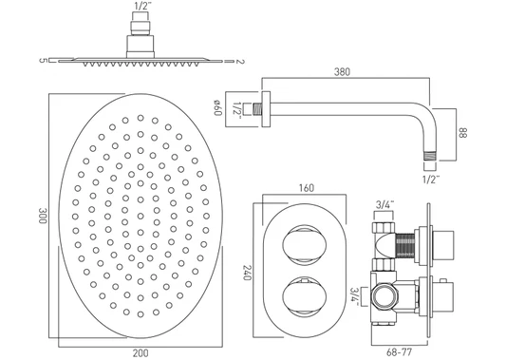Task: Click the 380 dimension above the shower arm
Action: point(342,71)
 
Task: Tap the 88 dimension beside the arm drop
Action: point(462,133)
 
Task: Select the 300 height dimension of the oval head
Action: point(43,216)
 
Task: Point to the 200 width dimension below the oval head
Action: point(141,353)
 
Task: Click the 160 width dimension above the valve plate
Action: point(306,188)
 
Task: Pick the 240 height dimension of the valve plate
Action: point(247,273)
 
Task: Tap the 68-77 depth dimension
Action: point(399,352)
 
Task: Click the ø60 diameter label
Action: point(216,107)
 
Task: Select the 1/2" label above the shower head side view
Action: point(141,6)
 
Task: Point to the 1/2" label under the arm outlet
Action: point(431,180)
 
